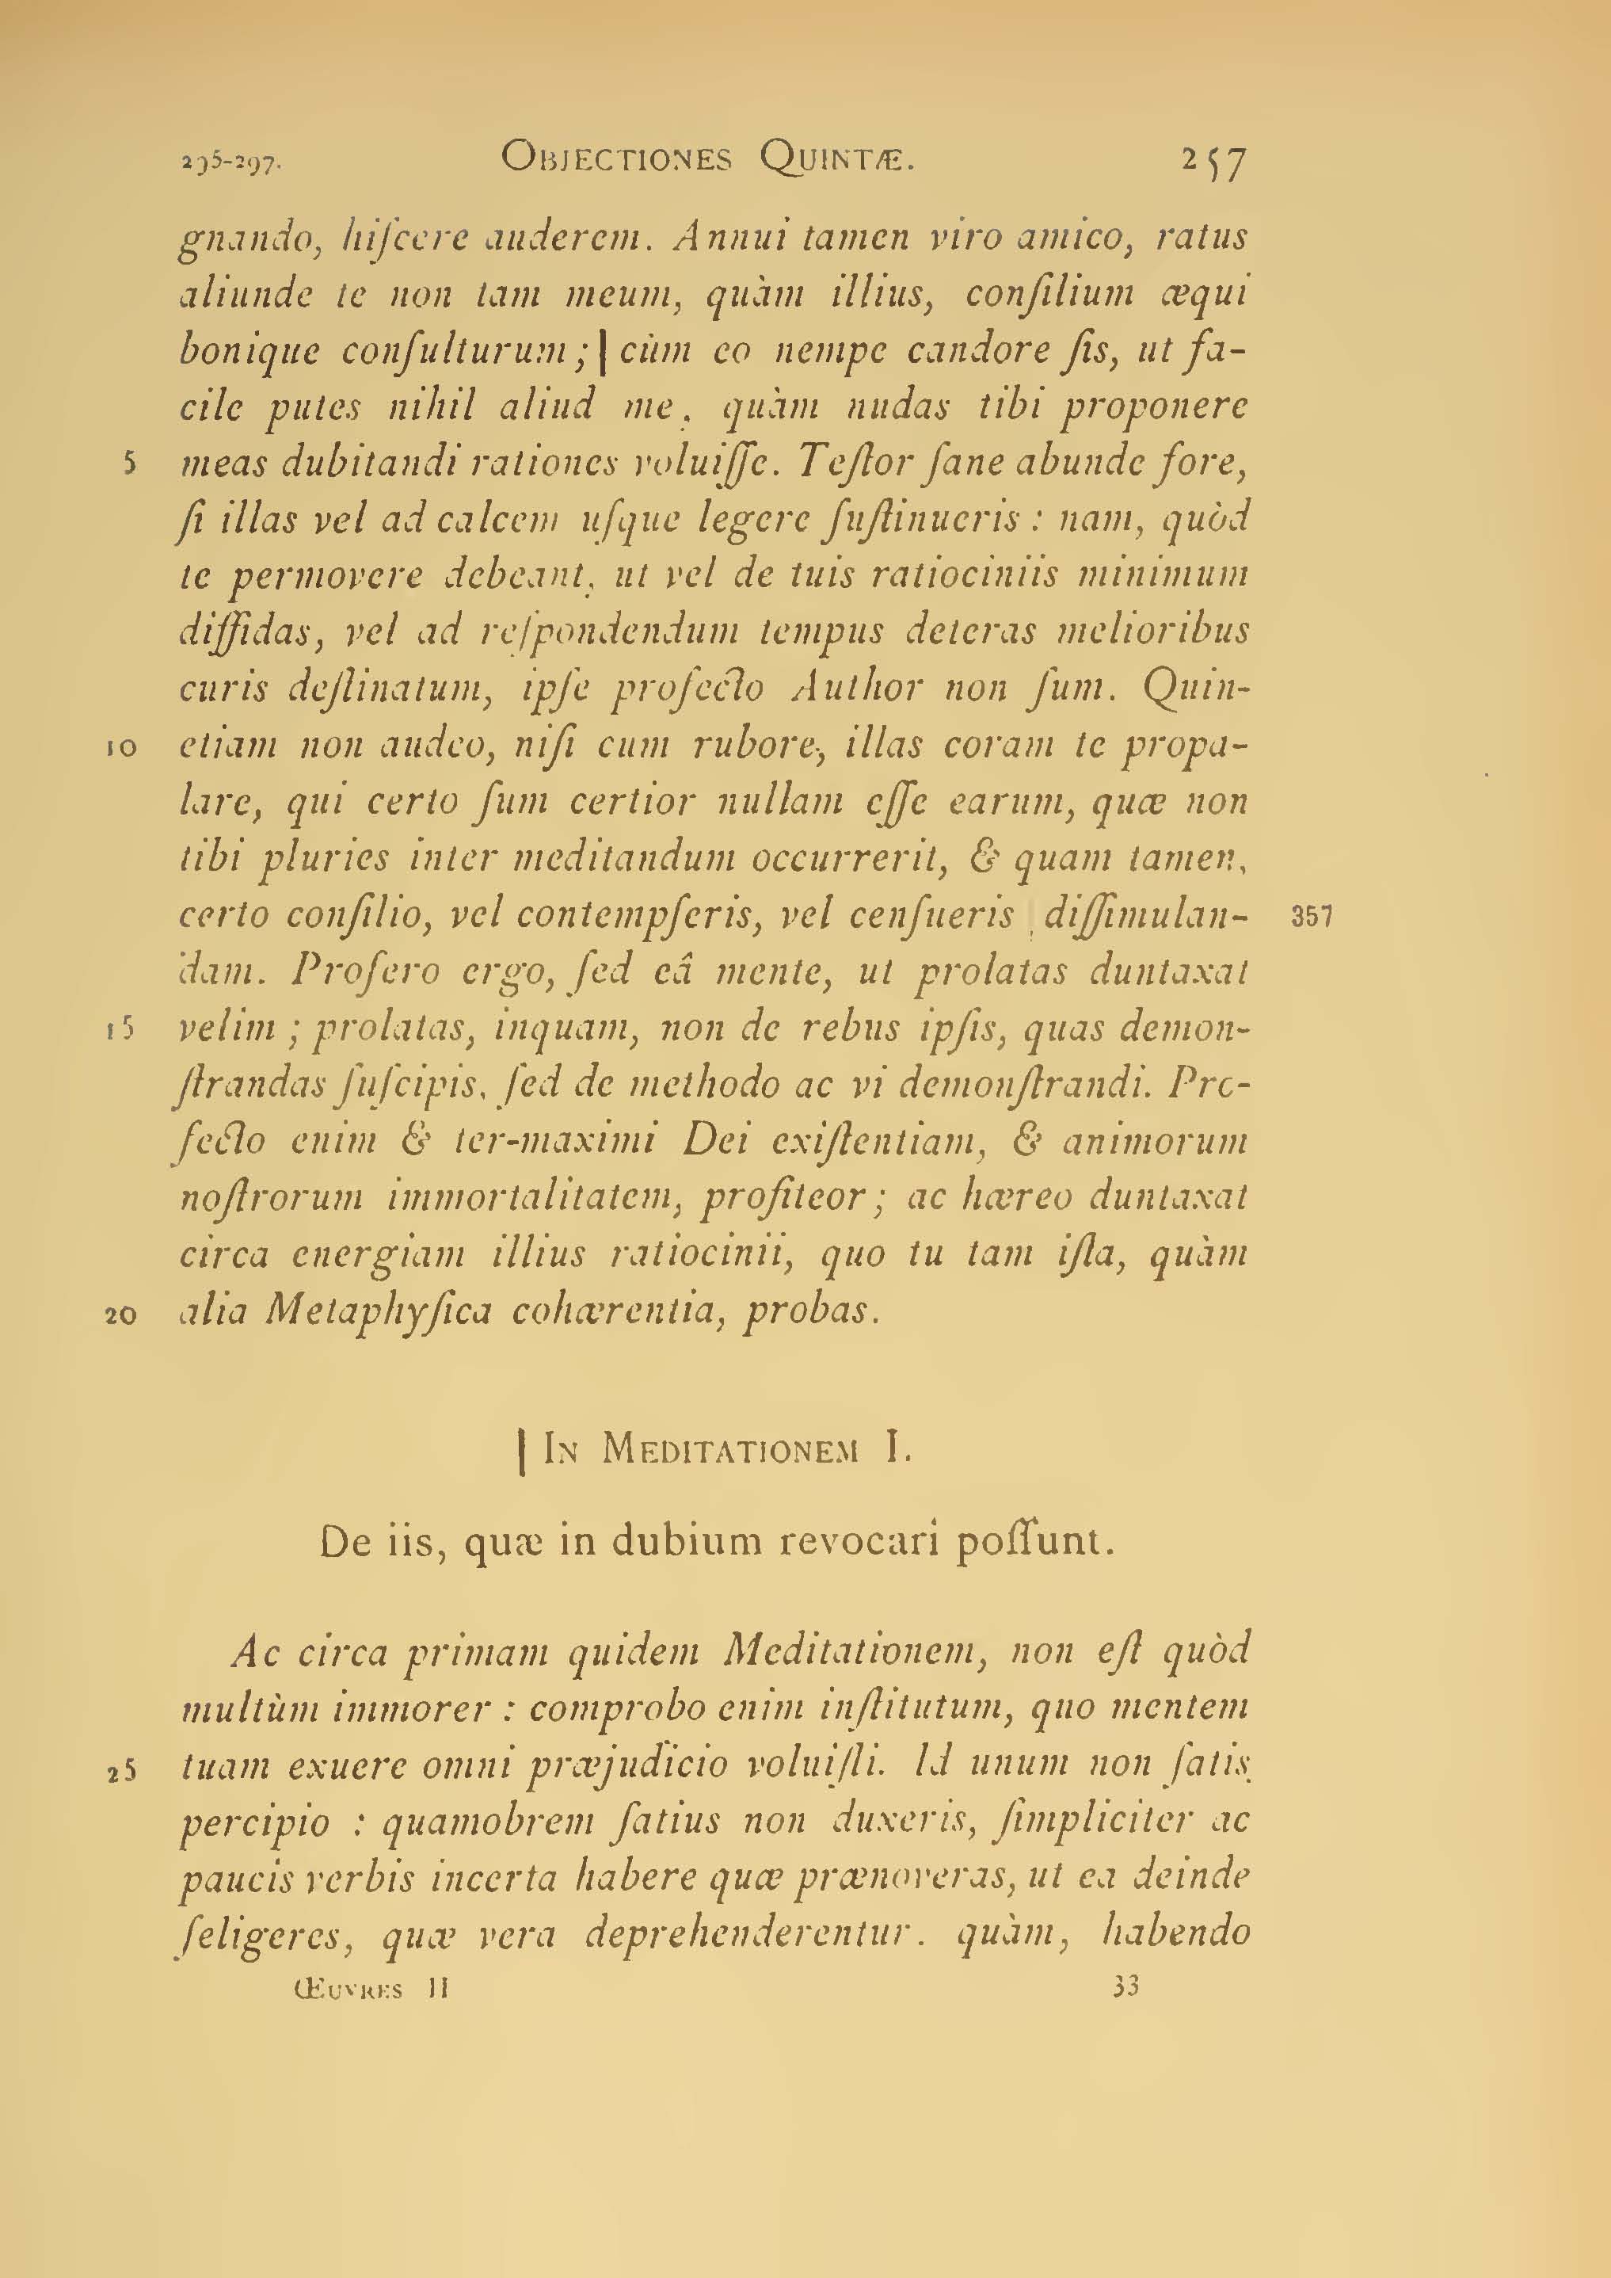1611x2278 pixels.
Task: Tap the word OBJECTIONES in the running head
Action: coord(616,158)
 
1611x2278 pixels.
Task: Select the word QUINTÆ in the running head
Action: coord(836,158)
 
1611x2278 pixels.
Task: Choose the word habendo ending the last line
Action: coord(1176,1933)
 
